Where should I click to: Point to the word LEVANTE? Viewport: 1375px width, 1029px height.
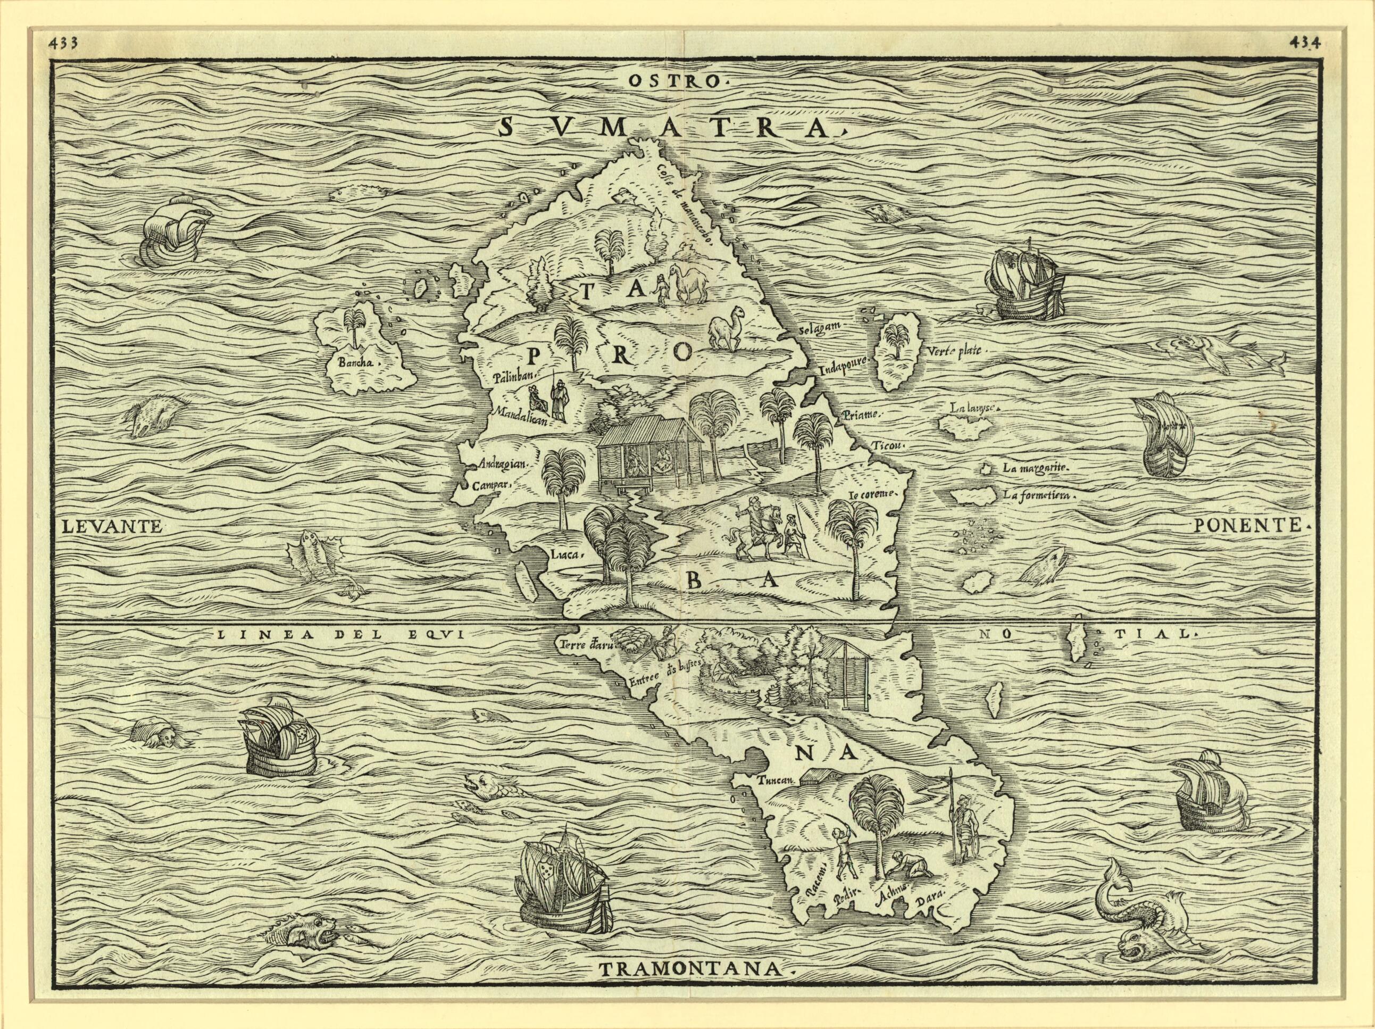pyautogui.click(x=112, y=527)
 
